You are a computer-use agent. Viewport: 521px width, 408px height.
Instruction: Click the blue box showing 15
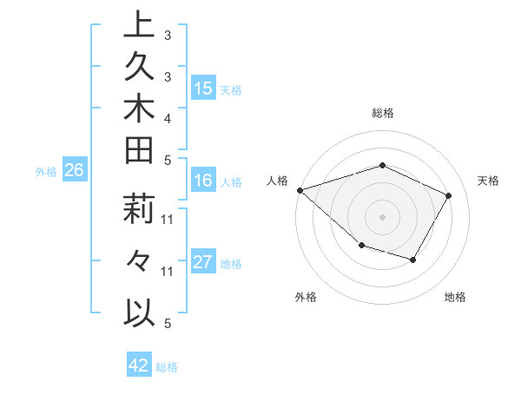203,89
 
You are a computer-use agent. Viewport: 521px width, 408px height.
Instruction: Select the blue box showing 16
203,181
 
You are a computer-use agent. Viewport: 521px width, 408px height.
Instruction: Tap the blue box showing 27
203,263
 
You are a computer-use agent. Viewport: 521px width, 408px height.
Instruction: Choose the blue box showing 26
75,171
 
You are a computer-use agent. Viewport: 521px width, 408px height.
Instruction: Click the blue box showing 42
139,365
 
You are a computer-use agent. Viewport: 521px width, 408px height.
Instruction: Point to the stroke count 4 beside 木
167,118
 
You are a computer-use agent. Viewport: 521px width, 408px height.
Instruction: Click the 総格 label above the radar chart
382,113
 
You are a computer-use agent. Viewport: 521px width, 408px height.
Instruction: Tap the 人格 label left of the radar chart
279,181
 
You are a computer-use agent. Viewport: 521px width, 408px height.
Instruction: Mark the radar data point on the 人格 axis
300,189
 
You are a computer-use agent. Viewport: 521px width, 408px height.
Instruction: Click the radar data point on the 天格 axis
448,195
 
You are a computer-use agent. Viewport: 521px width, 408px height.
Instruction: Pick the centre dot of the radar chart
382,216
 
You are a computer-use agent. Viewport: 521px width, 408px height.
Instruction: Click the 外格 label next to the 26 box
46,172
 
